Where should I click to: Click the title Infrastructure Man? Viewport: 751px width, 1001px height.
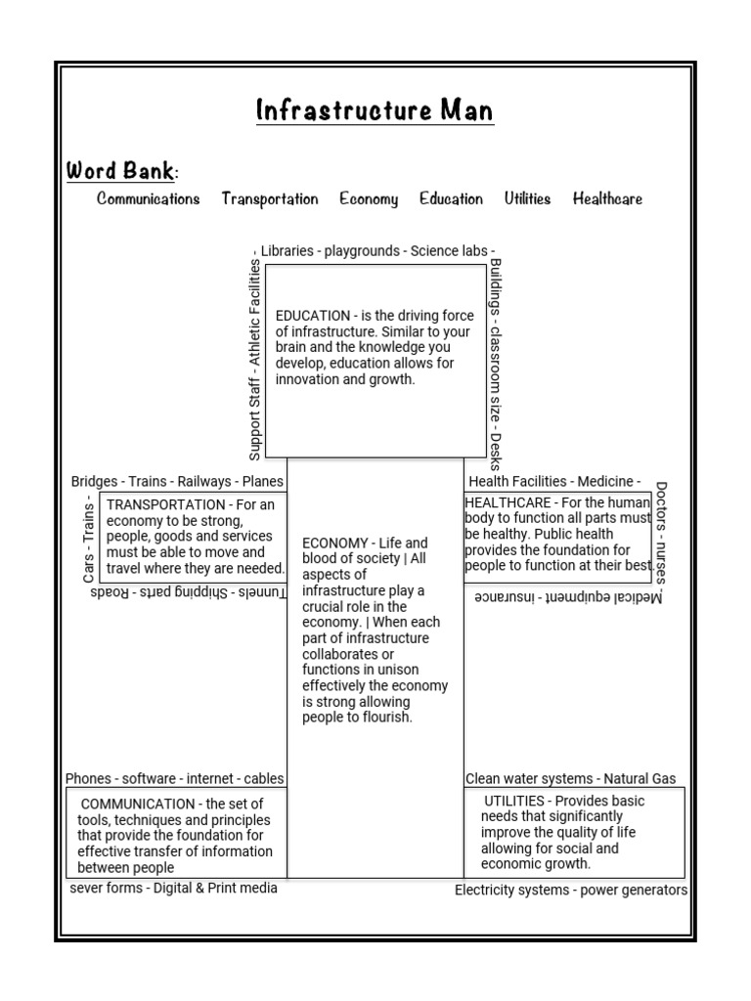[x=375, y=110]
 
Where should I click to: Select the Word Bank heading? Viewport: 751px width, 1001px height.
[x=120, y=171]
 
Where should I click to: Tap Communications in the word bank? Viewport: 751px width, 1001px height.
[x=148, y=199]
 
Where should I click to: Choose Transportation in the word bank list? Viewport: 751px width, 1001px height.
[x=269, y=199]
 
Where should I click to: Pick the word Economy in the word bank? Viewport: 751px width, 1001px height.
[x=369, y=199]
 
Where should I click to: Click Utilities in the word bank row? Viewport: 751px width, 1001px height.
[x=527, y=199]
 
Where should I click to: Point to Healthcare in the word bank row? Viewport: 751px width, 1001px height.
[x=607, y=199]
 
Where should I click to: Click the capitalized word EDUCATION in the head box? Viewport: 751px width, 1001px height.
[x=312, y=316]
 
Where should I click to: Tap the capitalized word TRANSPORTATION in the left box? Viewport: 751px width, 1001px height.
[x=165, y=504]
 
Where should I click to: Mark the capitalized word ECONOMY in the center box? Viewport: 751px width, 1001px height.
[x=334, y=544]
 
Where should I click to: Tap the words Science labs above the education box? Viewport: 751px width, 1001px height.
[x=449, y=251]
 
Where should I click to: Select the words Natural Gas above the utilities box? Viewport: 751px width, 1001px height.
[x=641, y=779]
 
